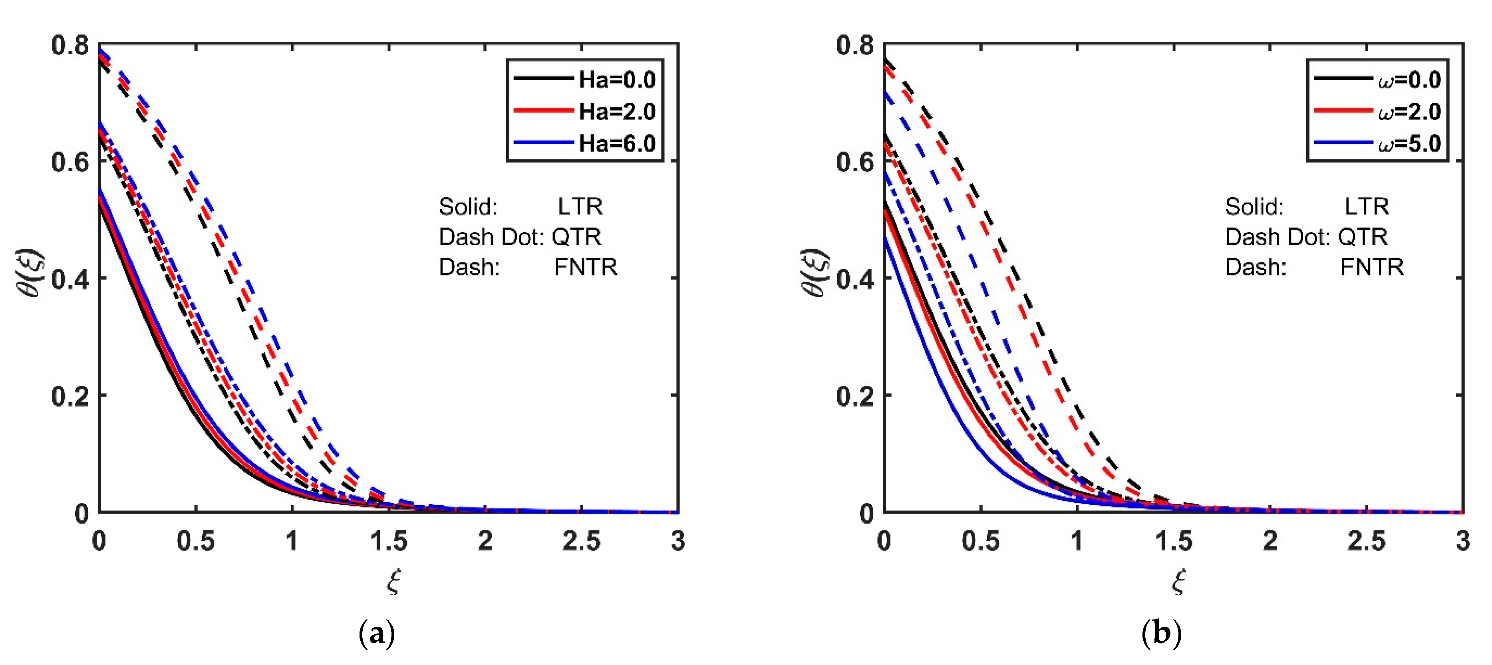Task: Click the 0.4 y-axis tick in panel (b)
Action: click(x=854, y=279)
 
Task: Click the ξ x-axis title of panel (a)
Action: click(x=393, y=581)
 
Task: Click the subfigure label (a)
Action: click(x=377, y=633)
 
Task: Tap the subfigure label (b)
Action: click(x=1161, y=633)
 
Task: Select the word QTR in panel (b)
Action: click(x=1362, y=236)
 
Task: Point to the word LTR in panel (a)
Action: click(x=580, y=206)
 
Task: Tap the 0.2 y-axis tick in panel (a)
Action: click(x=70, y=396)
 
